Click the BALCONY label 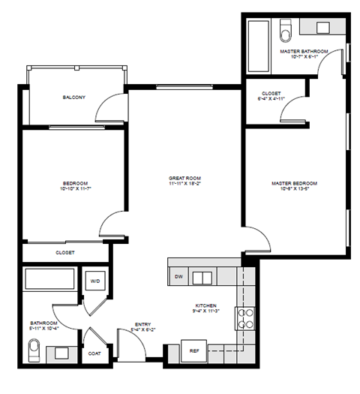(x=73, y=98)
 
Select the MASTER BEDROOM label (x=294, y=183)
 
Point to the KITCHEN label (x=206, y=305)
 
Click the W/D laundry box (x=96, y=282)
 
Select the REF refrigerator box (x=194, y=350)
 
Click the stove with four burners (x=246, y=318)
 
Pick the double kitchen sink (x=202, y=278)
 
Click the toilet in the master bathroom (x=285, y=32)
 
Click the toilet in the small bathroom (x=33, y=350)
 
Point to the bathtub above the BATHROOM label (x=49, y=281)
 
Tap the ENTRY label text (x=142, y=324)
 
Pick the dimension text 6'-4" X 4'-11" (x=271, y=98)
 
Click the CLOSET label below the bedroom (x=65, y=253)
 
